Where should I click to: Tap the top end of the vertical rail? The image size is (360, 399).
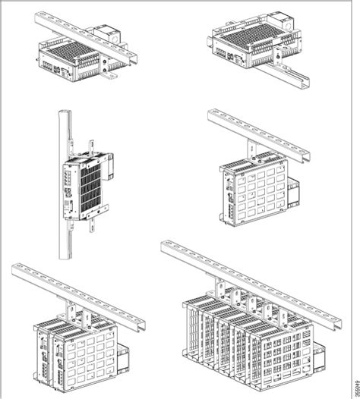[x=62, y=115]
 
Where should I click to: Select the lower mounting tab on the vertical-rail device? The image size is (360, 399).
[x=93, y=223]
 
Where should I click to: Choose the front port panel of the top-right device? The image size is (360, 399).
[x=228, y=59]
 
